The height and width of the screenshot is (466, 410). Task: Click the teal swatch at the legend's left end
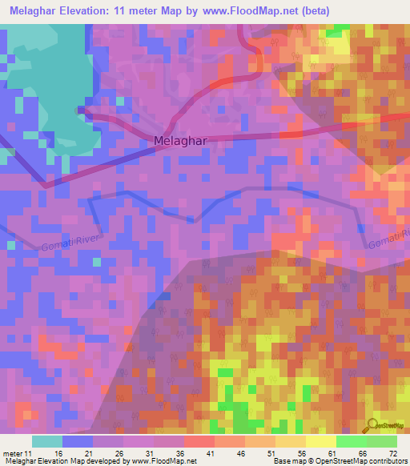(x=47, y=441)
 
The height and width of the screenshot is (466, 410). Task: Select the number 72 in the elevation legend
(x=392, y=452)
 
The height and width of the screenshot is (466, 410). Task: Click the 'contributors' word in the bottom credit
(x=388, y=461)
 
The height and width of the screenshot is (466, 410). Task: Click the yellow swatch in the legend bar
(x=320, y=441)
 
